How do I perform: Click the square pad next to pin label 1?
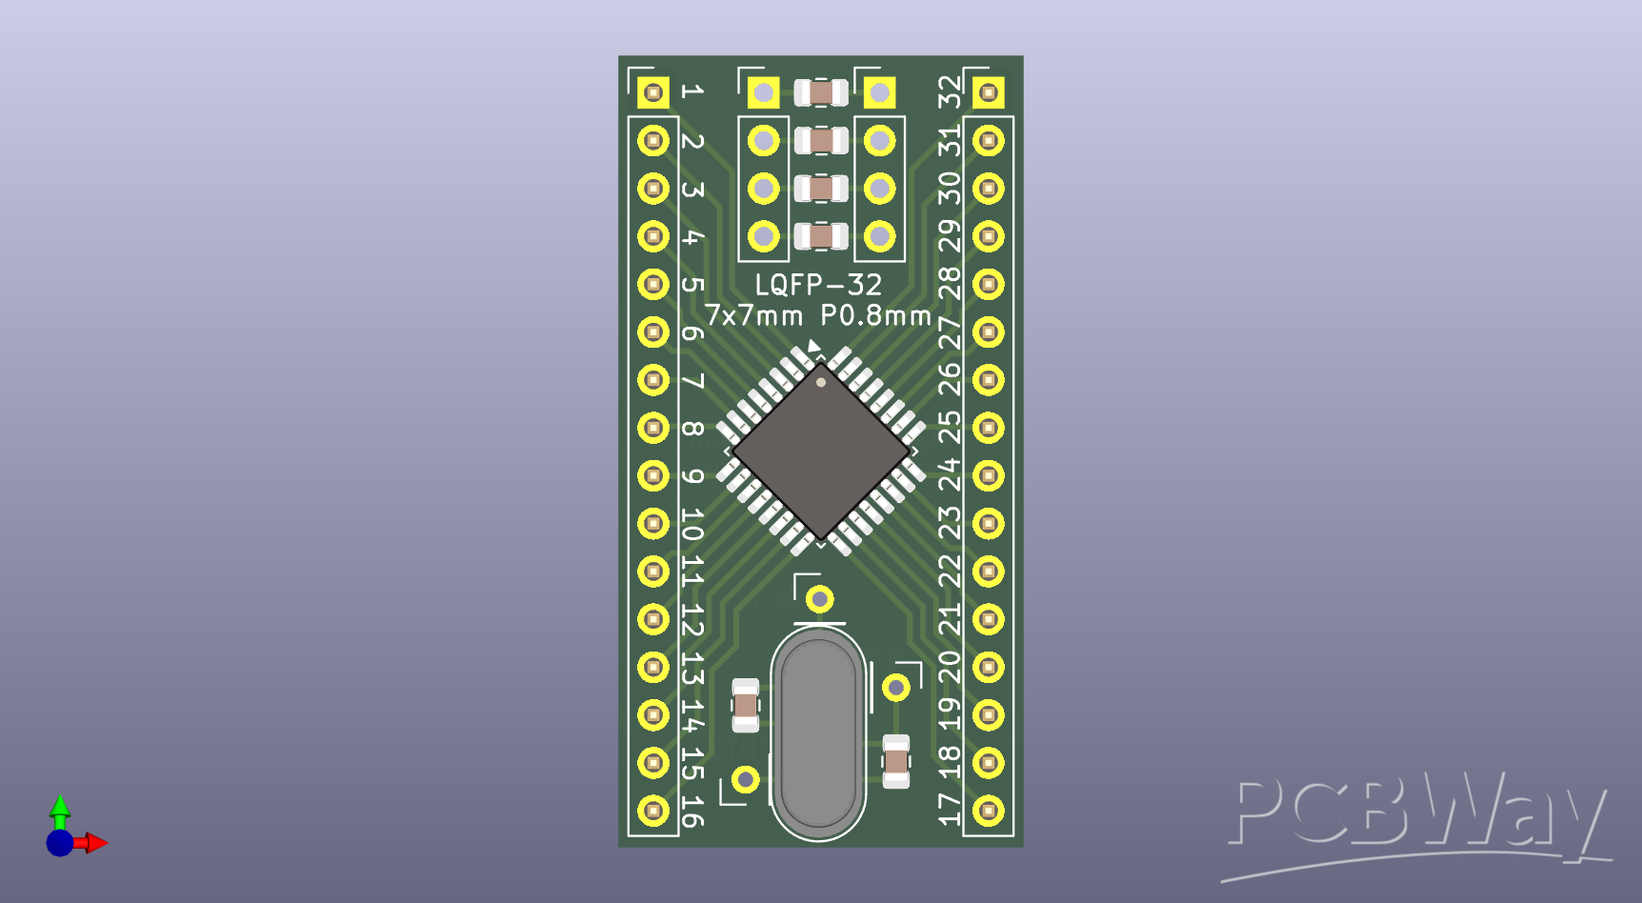653,92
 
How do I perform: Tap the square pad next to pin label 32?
989,92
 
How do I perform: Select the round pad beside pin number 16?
653,811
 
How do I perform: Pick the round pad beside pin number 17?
989,811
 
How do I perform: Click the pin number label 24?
950,474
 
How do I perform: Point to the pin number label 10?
692,524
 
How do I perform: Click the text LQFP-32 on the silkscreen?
818,285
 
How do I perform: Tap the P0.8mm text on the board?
875,315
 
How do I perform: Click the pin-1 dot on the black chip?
821,382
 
